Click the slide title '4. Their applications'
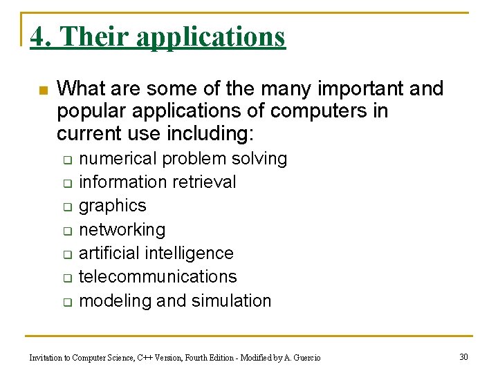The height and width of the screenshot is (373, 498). pyautogui.click(x=158, y=36)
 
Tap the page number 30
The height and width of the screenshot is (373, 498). pyautogui.click(x=463, y=356)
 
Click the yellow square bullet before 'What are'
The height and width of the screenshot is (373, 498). pyautogui.click(x=42, y=90)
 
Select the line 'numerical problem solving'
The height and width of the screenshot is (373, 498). pyautogui.click(x=183, y=159)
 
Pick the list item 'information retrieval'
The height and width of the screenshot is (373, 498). pyautogui.click(x=158, y=182)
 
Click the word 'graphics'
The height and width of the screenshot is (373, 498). pyautogui.click(x=113, y=206)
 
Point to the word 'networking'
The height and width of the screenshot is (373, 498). pyautogui.click(x=122, y=229)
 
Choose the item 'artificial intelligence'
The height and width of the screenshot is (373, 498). pyautogui.click(x=156, y=253)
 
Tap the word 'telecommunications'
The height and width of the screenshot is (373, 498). pyautogui.click(x=158, y=276)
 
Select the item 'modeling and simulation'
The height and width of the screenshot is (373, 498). pyautogui.click(x=175, y=300)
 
